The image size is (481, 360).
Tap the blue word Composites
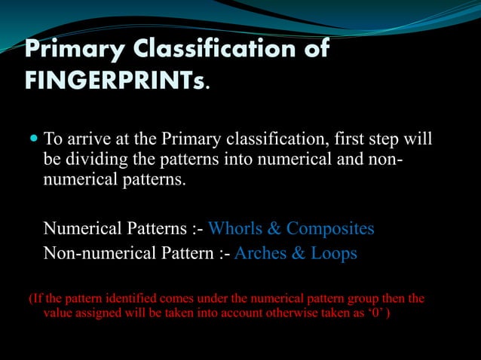(x=330, y=228)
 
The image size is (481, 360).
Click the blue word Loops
(x=334, y=254)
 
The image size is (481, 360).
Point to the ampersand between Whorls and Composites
(x=274, y=228)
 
